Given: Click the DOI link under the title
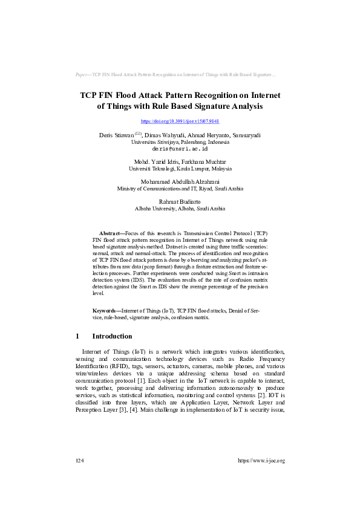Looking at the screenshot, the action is click(180, 122).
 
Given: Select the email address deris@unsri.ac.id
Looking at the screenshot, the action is click(180, 148).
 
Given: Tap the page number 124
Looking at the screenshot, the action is click(79, 461).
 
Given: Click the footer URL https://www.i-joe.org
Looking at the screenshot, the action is click(261, 461).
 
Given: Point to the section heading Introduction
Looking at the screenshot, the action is click(111, 336).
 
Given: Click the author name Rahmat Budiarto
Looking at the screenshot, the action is click(180, 201).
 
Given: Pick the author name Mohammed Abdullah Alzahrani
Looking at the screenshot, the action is click(180, 181).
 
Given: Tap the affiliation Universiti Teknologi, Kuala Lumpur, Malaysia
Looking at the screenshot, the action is click(180, 169).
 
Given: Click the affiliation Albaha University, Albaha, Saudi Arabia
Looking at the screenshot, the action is click(180, 208).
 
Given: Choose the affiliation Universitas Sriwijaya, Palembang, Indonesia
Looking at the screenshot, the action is click(180, 142).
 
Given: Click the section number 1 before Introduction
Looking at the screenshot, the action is click(77, 336).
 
